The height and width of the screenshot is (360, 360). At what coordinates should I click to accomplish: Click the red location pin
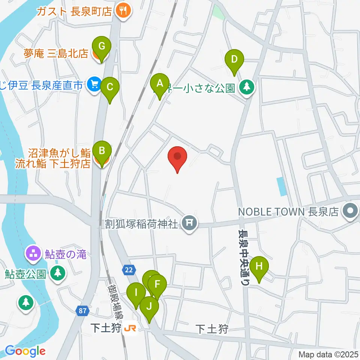tap(178, 158)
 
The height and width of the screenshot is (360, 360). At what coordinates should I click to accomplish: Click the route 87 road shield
tap(83, 311)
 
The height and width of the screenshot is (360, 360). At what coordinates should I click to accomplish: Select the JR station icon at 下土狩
tap(130, 328)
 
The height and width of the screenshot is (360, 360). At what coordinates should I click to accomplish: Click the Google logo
tap(25, 351)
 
